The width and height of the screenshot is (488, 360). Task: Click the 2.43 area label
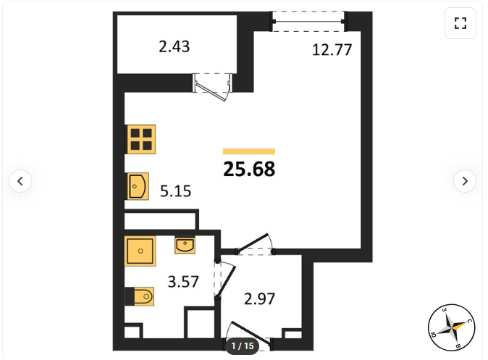174,46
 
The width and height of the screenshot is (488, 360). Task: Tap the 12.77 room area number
332,50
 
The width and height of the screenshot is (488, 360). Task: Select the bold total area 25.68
249,169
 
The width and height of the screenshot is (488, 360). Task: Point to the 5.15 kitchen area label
175,191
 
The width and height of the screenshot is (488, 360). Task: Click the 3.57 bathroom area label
183,282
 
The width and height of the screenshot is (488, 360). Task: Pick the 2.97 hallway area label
259,299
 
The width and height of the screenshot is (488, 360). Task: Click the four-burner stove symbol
141,139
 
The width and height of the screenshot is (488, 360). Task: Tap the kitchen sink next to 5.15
138,186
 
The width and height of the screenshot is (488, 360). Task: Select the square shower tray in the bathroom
140,251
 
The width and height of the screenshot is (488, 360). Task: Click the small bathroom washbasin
185,246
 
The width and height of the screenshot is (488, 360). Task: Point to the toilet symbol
140,296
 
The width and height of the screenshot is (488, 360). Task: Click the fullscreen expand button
460,23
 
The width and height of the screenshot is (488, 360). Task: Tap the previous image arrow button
20,181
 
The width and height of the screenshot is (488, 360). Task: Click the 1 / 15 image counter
243,346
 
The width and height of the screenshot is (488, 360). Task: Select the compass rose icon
451,327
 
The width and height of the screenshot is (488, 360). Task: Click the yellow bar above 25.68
249,151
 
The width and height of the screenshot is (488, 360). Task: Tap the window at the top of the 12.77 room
308,22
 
